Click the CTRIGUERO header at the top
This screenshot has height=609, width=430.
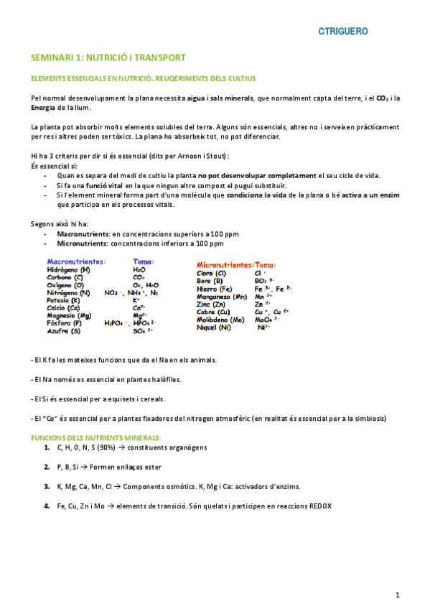coord(343,32)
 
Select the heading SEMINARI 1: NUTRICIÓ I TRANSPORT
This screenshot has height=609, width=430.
coord(108,57)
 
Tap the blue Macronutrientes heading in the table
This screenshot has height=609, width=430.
coord(77,261)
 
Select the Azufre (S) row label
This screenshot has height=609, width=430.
coord(64,331)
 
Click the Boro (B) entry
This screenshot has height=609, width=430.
coord(210,281)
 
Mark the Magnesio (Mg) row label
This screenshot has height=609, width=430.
coord(69,316)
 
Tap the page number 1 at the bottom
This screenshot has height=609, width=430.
coord(397,595)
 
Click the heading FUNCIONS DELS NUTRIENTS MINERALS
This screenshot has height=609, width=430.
coord(96,437)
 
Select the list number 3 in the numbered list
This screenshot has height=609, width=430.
coord(46,486)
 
